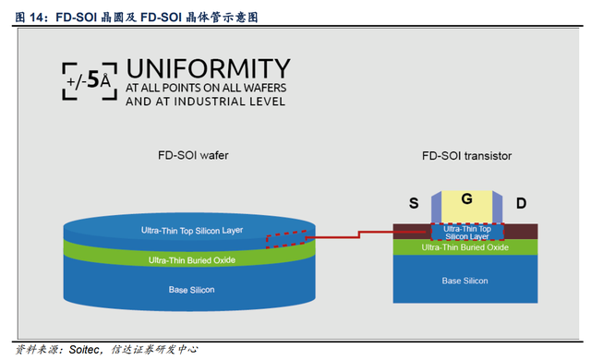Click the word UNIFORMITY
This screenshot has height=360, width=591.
pyautogui.click(x=208, y=68)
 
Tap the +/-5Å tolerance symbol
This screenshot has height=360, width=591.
pyautogui.click(x=90, y=81)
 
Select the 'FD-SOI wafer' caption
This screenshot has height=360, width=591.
pyautogui.click(x=193, y=155)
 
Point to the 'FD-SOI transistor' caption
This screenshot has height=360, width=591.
pyautogui.click(x=466, y=155)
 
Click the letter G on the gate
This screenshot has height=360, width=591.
pyautogui.click(x=466, y=198)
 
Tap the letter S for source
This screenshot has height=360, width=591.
pyautogui.click(x=414, y=203)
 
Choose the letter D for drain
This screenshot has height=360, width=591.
pyautogui.click(x=521, y=203)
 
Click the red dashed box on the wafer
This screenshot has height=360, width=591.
pyautogui.click(x=286, y=239)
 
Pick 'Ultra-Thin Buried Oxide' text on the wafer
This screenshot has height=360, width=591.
pyautogui.click(x=192, y=260)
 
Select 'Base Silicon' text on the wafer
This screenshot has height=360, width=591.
pyautogui.click(x=191, y=290)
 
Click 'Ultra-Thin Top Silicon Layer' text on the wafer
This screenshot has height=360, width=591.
pyautogui.click(x=192, y=231)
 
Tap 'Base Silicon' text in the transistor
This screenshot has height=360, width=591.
pyautogui.click(x=464, y=281)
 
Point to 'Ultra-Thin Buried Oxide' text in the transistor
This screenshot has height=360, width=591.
pyautogui.click(x=464, y=247)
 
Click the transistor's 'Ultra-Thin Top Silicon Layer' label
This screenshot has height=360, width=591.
pyautogui.click(x=467, y=233)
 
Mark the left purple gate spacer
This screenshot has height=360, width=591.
pyautogui.click(x=436, y=207)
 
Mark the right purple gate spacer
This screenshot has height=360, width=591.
pyautogui.click(x=497, y=207)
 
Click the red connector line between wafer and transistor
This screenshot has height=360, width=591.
pyautogui.click(x=359, y=235)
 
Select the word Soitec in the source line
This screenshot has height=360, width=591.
pyautogui.click(x=84, y=350)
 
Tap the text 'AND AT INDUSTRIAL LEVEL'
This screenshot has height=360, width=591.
pyautogui.click(x=205, y=102)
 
